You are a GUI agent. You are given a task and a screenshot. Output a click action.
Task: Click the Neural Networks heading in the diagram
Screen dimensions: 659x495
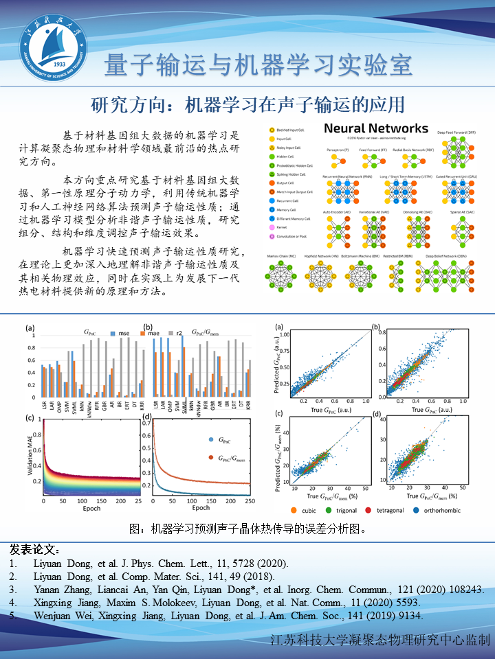(x=375, y=128)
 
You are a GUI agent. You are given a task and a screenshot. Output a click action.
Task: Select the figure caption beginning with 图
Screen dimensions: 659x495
(x=247, y=529)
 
